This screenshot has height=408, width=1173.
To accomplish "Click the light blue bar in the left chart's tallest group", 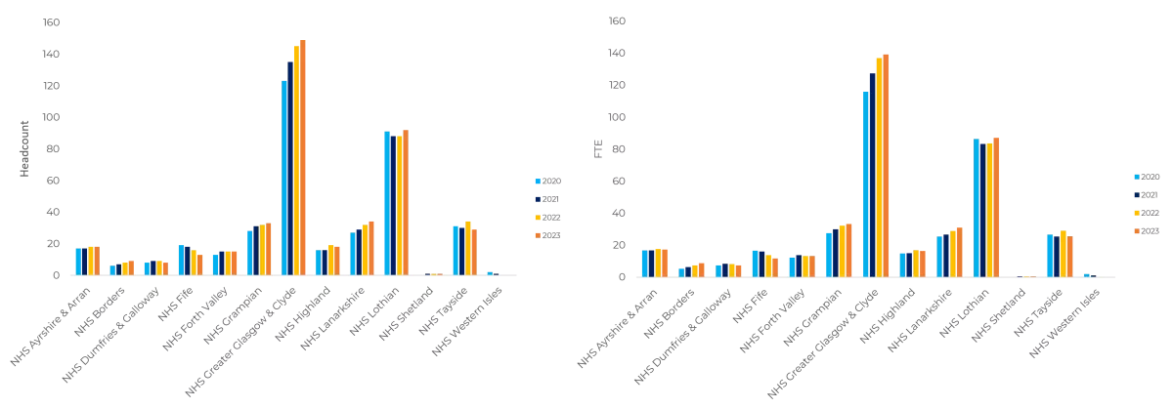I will tap(284, 176).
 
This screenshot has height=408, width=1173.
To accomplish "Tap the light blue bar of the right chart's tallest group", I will tap(864, 182).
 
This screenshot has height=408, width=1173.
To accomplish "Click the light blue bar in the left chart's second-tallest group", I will tap(387, 201).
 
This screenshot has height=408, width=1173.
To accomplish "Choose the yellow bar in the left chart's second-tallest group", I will tap(401, 204).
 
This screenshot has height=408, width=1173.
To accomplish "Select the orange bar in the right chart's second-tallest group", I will tap(996, 205).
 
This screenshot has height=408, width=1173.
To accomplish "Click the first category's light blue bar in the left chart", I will tap(75, 261).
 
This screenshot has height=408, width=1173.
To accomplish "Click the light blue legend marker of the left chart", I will tap(537, 181).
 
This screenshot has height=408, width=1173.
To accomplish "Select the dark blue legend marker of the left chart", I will tap(537, 198).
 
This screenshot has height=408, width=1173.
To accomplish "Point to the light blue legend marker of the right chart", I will tap(1138, 176).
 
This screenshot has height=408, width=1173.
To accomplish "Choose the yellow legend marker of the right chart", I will tap(1138, 211).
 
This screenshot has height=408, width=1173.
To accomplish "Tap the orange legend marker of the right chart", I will tap(1138, 229).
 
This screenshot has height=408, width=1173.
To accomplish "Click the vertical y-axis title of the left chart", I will tap(22, 147).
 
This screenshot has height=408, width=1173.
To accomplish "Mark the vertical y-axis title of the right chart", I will tap(598, 147).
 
